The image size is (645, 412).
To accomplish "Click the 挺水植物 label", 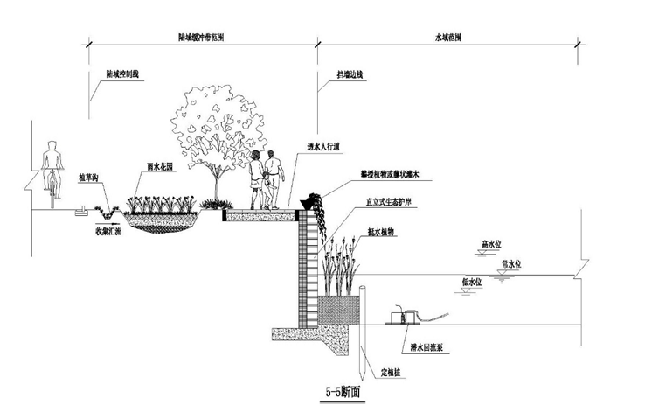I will pyautogui.click(x=382, y=233).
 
